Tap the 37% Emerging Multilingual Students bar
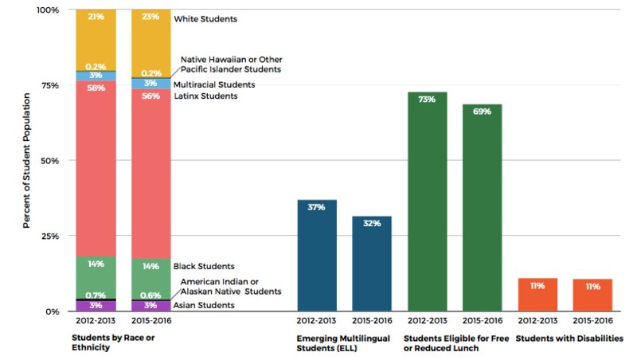coord(316,255)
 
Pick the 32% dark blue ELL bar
coord(372,263)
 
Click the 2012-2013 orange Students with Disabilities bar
coord(537,295)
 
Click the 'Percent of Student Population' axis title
coord(26,160)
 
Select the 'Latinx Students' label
coord(205,96)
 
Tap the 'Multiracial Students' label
coord(214,84)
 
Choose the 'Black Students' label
coord(205,266)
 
